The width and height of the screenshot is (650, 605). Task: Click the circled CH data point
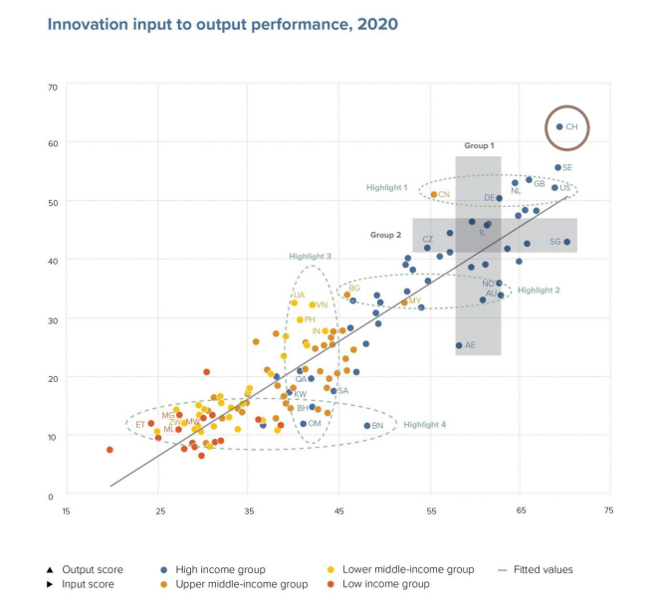click(x=559, y=127)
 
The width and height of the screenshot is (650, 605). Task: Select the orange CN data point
click(x=434, y=194)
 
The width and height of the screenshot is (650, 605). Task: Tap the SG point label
click(x=554, y=242)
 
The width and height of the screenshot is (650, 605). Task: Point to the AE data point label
click(x=471, y=345)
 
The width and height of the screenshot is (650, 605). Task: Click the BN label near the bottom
click(x=377, y=426)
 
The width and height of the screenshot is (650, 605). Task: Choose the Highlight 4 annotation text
click(x=425, y=424)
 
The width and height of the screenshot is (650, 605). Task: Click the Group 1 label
click(x=479, y=145)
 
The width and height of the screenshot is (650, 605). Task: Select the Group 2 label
click(x=386, y=236)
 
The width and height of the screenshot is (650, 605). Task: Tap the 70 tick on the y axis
click(x=53, y=87)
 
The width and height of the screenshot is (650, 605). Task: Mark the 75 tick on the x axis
click(x=608, y=511)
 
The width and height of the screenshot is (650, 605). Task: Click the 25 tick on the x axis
click(x=159, y=511)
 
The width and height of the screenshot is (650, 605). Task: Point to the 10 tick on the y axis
click(x=53, y=436)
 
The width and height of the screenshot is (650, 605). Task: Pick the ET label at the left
click(x=140, y=424)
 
